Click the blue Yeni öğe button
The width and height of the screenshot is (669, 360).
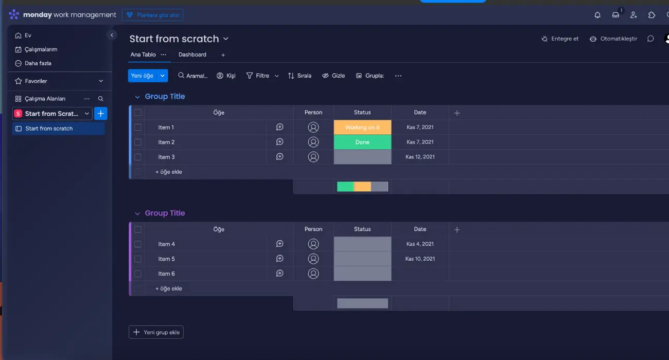coord(142,76)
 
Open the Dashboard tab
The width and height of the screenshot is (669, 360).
coord(192,55)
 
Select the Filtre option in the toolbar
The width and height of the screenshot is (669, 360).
coord(258,76)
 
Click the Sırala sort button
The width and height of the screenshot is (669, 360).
coord(300,76)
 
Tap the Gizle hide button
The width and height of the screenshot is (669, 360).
coord(333,76)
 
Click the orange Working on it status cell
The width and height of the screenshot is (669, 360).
coord(362,128)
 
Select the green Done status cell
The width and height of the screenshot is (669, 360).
coord(362,142)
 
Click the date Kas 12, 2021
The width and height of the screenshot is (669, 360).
coord(420,157)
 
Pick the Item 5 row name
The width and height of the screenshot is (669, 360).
coord(167,259)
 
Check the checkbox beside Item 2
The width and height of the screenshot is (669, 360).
coord(138,142)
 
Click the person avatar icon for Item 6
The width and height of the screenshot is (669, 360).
coord(313,274)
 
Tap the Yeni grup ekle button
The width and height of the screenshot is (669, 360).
coord(156,332)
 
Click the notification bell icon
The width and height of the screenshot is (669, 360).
coord(597,15)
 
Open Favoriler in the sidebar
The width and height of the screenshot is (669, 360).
coord(36,81)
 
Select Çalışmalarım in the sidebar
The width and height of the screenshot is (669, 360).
coord(41,49)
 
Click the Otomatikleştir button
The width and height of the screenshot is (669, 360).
coord(613,39)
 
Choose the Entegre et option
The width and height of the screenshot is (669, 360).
coord(560,39)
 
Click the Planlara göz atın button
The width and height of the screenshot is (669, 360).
coord(153,15)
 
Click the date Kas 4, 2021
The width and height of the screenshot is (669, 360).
coord(420,244)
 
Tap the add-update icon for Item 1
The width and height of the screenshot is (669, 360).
coord(280,127)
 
